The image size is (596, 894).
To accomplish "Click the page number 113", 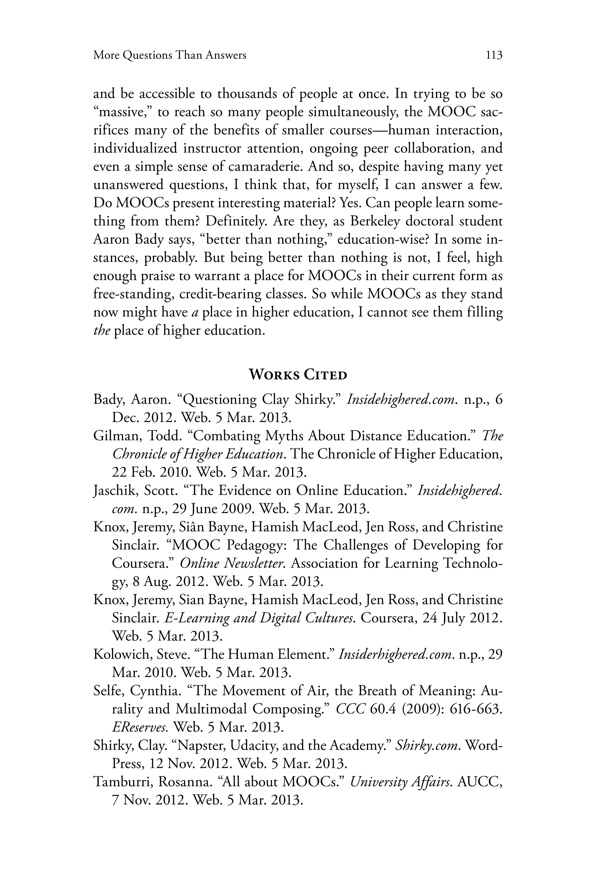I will pyautogui.click(x=494, y=56).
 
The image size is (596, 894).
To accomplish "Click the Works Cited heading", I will pyautogui.click(x=298, y=375).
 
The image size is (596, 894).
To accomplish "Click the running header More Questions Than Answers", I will pyautogui.click(x=170, y=56).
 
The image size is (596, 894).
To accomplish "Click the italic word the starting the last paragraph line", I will pyautogui.click(x=102, y=331).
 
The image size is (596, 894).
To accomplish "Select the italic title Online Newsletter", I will pyautogui.click(x=232, y=563).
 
